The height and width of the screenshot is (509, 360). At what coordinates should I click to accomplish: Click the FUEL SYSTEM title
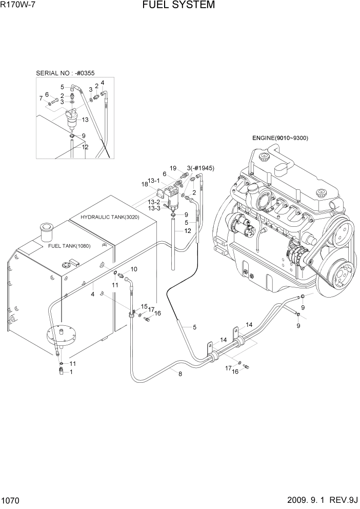point(179,6)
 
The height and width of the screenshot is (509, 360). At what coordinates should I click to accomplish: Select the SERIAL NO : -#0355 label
point(66,73)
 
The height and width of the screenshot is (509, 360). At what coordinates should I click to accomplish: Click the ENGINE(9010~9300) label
point(280,138)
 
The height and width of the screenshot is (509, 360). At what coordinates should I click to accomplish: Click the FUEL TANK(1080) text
point(69,246)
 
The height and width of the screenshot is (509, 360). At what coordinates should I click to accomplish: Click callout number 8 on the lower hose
point(179,374)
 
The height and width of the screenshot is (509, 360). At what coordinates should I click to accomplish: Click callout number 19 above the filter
point(173,168)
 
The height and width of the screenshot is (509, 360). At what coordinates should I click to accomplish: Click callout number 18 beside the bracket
point(145,183)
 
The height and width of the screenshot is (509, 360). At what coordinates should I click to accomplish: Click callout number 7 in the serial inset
point(41,97)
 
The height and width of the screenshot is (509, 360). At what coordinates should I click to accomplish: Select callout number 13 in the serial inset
point(85,120)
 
